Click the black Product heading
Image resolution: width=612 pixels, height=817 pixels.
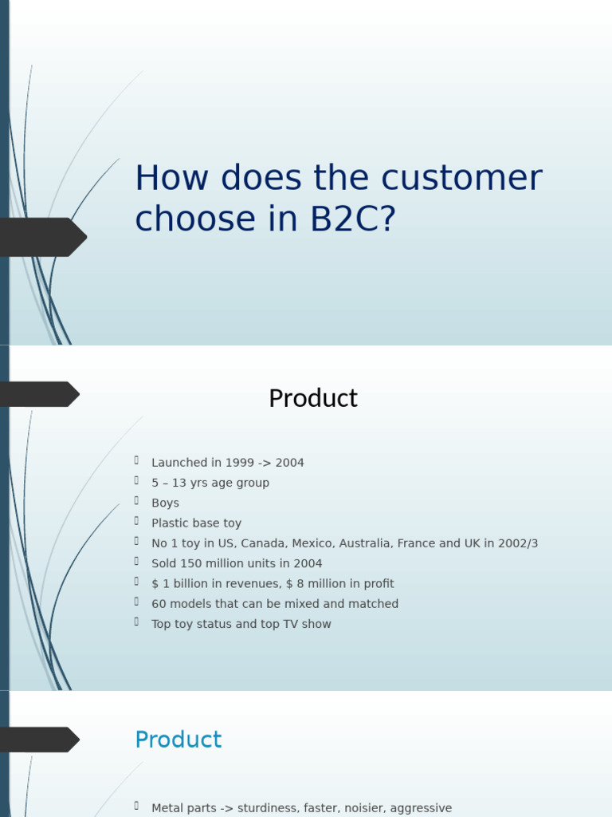point(312,398)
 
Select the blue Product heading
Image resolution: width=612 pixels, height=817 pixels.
point(178,740)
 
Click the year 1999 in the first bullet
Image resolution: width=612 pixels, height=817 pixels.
point(240,463)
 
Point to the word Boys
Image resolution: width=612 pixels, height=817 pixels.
point(165,503)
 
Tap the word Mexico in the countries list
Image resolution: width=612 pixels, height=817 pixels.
point(312,543)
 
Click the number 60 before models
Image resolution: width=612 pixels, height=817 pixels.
point(159,604)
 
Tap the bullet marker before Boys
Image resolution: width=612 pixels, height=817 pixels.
point(137,502)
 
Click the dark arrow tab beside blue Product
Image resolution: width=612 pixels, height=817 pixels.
point(40,740)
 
